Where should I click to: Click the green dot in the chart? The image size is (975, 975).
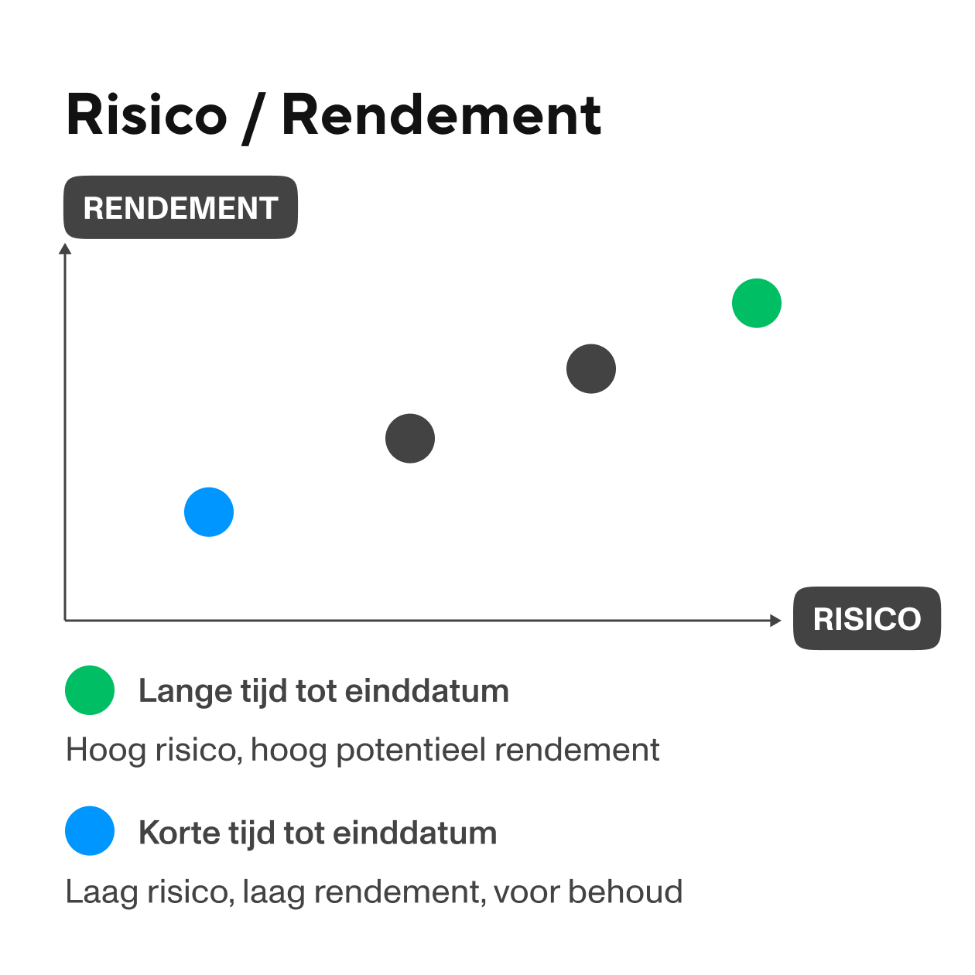coord(757,303)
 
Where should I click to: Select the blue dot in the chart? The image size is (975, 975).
coord(209,512)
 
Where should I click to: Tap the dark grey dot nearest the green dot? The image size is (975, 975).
coord(591,369)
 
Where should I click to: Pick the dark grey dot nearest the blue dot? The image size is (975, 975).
coord(410,439)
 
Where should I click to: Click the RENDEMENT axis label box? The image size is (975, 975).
coord(180,207)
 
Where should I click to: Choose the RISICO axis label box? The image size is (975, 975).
coord(867,618)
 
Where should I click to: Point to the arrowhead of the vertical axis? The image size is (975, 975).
coord(66,248)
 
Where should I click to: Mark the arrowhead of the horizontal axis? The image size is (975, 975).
coord(775,620)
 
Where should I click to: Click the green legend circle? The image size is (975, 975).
coord(90,689)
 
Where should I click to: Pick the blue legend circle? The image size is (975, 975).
coord(90,831)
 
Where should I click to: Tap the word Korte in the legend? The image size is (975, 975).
coord(179,833)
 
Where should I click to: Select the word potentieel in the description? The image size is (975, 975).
coord(410,751)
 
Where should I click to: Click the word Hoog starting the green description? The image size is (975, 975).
coord(96,751)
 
